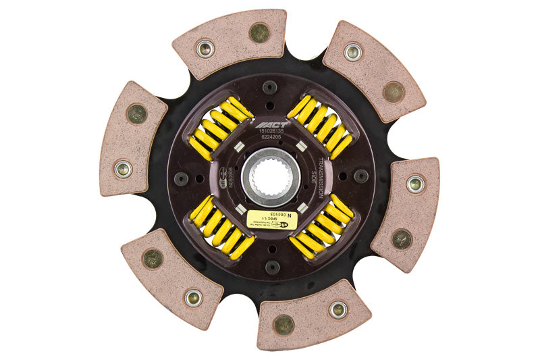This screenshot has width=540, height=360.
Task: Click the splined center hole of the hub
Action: [x=270, y=177]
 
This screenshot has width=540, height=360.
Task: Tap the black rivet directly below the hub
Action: [x=272, y=267]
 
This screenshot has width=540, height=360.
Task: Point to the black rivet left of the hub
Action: [x=181, y=178]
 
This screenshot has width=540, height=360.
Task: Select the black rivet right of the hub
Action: [x=361, y=176]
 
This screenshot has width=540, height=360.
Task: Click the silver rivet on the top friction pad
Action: [x=205, y=48]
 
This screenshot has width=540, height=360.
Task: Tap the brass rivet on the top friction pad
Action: [x=259, y=32]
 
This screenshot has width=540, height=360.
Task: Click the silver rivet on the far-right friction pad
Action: [x=415, y=183]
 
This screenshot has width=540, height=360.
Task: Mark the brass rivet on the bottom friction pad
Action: [x=283, y=324]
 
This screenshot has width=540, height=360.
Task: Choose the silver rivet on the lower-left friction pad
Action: [x=194, y=297]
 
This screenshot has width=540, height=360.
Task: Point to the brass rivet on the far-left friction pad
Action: [x=137, y=113]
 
